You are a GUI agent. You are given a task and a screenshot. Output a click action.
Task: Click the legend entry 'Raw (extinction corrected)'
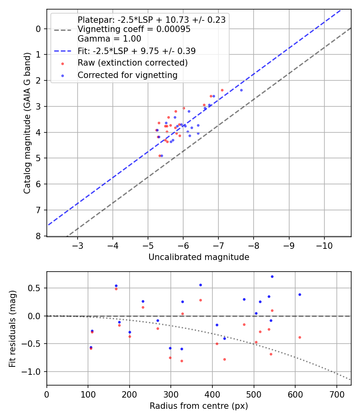tap(132, 63)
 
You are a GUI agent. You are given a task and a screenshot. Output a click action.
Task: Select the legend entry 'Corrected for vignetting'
tap(127, 75)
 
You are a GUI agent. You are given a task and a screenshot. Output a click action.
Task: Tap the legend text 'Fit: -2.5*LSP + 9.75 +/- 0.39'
tap(136, 51)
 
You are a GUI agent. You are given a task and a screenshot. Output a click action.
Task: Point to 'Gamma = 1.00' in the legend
tap(109, 39)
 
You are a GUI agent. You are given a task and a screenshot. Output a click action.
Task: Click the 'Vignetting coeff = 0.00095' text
tap(134, 29)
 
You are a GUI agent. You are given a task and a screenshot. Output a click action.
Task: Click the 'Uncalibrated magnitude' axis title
tap(199, 257)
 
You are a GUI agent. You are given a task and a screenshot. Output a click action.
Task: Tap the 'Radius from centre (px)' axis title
tap(199, 406)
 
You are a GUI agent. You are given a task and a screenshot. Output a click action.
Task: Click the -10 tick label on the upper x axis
tap(324, 245)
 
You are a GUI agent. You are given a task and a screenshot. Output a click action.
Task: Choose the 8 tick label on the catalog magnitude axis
tap(38, 236)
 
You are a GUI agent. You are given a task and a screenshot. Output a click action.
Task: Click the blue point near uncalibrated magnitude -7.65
tap(241, 90)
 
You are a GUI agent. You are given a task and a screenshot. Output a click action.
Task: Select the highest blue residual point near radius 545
tap(272, 276)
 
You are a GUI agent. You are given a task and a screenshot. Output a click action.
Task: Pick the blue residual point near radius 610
tap(299, 294)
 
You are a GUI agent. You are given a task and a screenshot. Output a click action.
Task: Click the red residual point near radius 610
tap(299, 337)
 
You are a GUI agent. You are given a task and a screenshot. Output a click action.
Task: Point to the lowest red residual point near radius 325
tap(182, 361)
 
